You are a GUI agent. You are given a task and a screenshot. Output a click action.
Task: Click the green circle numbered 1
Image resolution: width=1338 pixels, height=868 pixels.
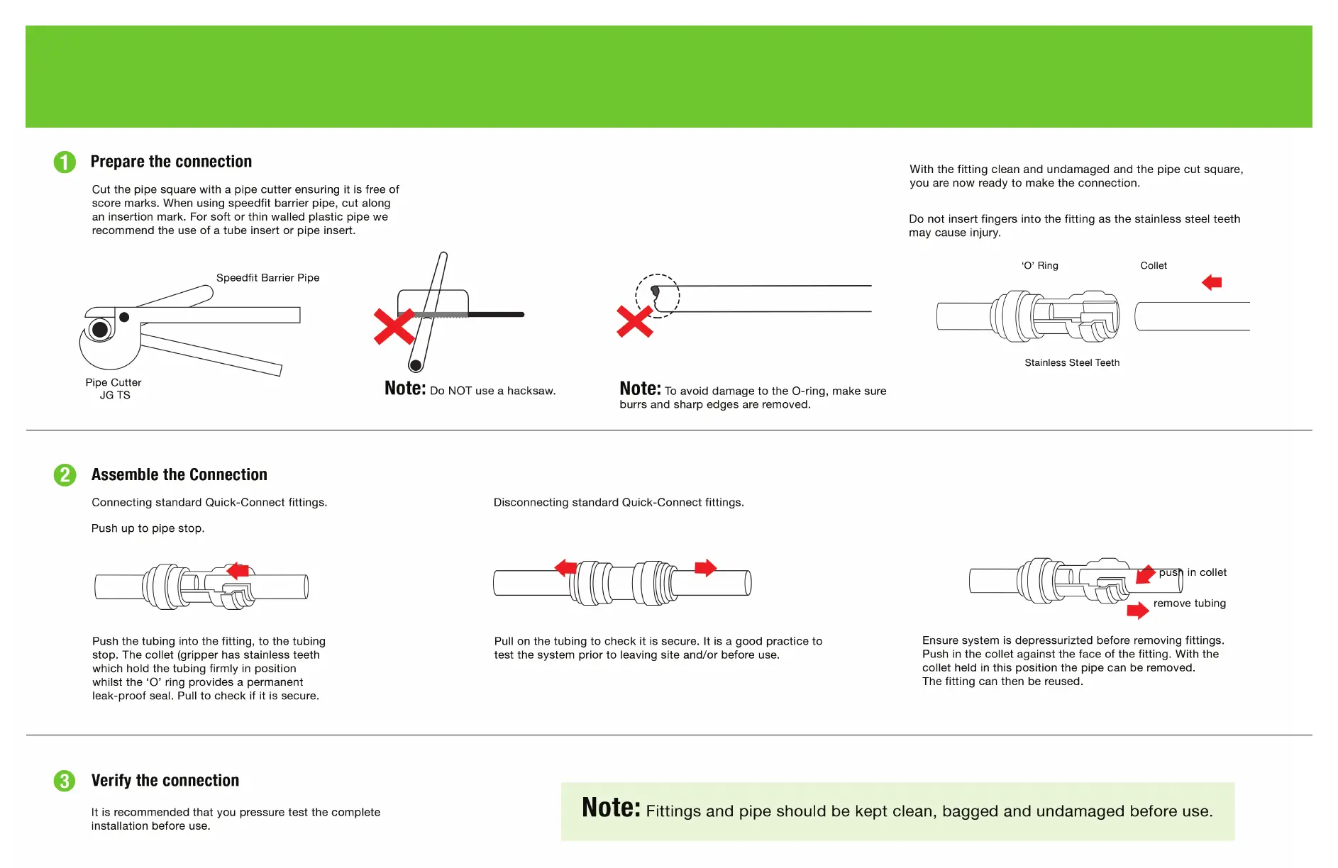click(65, 162)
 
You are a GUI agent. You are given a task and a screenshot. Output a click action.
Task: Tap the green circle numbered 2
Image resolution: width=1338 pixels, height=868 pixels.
click(65, 475)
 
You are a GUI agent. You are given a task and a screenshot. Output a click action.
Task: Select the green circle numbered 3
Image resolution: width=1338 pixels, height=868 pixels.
click(65, 781)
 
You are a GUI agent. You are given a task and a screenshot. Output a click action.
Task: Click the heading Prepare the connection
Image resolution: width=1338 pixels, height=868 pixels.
click(171, 162)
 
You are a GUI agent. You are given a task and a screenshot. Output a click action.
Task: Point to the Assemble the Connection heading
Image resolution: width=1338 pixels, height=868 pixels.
click(179, 474)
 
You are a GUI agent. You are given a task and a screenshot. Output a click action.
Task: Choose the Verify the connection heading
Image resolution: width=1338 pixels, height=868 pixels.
click(165, 780)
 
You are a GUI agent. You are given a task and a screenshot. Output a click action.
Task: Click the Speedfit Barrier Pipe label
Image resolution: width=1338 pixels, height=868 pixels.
click(267, 278)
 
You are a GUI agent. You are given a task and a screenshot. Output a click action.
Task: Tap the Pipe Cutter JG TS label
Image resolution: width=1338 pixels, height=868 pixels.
click(114, 389)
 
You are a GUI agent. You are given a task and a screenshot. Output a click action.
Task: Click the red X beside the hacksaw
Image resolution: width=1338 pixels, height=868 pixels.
click(394, 326)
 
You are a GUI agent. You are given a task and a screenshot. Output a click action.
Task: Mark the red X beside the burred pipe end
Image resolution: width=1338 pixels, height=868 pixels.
click(634, 321)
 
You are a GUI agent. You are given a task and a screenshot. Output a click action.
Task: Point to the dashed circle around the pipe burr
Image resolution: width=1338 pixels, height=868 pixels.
click(658, 296)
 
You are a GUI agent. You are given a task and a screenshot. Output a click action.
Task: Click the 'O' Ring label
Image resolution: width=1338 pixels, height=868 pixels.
click(1039, 266)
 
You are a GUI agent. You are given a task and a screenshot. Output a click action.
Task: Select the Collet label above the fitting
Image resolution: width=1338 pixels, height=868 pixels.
click(1153, 266)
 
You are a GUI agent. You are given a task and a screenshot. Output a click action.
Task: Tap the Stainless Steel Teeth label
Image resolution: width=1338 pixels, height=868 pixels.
click(1072, 363)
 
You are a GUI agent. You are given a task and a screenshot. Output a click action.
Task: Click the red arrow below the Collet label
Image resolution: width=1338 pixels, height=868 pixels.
click(1212, 282)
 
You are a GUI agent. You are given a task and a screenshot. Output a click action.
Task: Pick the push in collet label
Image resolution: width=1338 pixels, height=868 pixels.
click(1193, 572)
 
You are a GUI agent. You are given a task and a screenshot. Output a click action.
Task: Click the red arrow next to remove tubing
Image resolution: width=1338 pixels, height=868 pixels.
click(1137, 610)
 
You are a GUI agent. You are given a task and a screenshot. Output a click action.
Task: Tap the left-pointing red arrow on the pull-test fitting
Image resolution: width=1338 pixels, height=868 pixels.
click(565, 567)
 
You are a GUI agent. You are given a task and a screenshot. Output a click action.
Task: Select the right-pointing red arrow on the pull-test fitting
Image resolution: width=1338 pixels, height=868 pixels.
click(706, 567)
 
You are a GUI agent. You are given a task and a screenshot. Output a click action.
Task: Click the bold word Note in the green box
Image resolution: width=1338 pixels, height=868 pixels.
click(611, 808)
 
